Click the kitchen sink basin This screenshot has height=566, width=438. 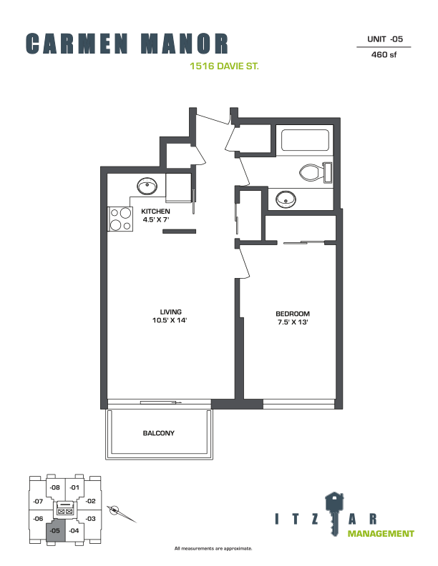147,187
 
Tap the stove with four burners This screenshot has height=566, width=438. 120,219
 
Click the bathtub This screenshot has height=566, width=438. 305,140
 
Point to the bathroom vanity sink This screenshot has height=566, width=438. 286,199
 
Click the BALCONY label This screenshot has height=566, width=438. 159,433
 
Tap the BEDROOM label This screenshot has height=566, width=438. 293,314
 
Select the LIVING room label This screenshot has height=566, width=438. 171,312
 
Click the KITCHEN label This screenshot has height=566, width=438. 155,212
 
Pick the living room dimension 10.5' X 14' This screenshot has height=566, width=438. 170,320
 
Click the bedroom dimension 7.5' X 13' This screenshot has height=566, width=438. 293,322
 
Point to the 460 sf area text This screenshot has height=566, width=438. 384,54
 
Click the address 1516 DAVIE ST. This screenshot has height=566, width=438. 225,66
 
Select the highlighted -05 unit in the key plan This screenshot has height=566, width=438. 55,530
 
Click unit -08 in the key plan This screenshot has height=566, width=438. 55,487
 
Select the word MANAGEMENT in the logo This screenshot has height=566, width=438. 381,534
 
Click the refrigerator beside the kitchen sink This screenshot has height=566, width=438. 178,187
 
